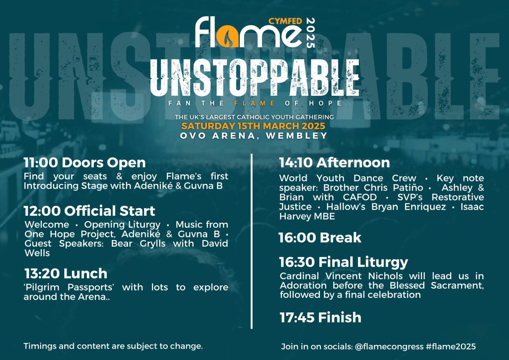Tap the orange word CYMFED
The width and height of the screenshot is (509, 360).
click(x=285, y=22)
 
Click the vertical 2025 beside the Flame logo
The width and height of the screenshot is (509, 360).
click(x=311, y=33)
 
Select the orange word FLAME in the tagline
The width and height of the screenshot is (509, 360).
click(x=254, y=103)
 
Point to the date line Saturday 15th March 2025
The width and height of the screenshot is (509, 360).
click(x=253, y=126)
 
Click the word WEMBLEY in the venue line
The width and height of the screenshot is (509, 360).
click(x=297, y=136)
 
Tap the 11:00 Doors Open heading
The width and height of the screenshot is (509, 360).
click(x=85, y=162)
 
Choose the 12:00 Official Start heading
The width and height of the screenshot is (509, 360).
click(x=89, y=211)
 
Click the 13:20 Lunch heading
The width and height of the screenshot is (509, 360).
click(x=66, y=273)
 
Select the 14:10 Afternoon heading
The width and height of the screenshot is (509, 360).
click(x=334, y=162)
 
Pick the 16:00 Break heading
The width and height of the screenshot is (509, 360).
click(x=320, y=238)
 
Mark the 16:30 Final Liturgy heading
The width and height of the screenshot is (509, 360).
click(x=344, y=262)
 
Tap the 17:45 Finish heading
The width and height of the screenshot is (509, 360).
click(x=320, y=317)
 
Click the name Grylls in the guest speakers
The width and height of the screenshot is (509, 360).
click(x=152, y=244)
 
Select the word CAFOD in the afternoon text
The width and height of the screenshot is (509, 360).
click(x=360, y=197)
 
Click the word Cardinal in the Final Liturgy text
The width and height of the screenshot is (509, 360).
click(x=299, y=276)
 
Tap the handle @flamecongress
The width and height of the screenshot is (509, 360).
click(x=389, y=347)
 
